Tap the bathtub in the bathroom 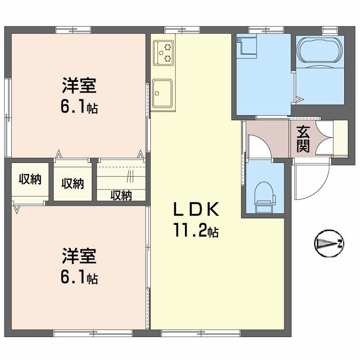[x=319, y=48]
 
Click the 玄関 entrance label [x=303, y=139]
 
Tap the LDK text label [x=196, y=210]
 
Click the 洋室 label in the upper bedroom [x=79, y=85]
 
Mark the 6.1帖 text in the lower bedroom [x=79, y=278]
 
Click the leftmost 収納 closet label [x=30, y=179]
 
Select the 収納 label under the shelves [x=121, y=195]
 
